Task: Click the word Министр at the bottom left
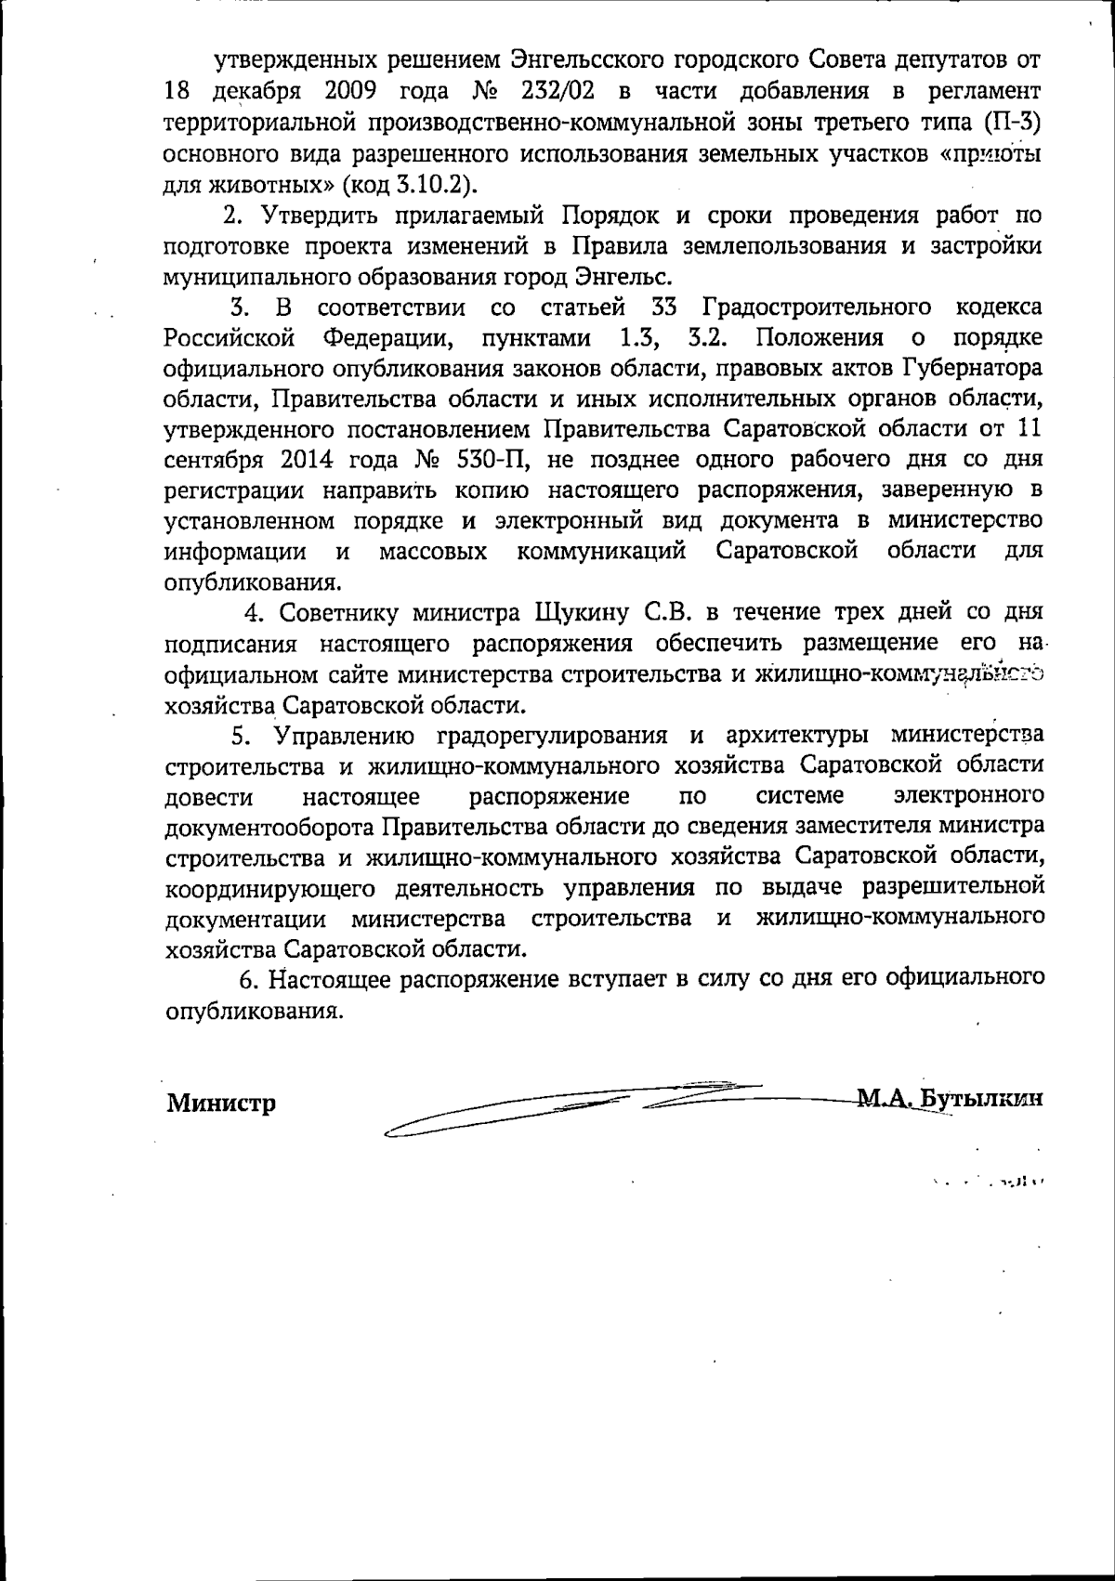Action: click(221, 1104)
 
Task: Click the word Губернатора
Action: click(971, 368)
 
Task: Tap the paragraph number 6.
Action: click(247, 980)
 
